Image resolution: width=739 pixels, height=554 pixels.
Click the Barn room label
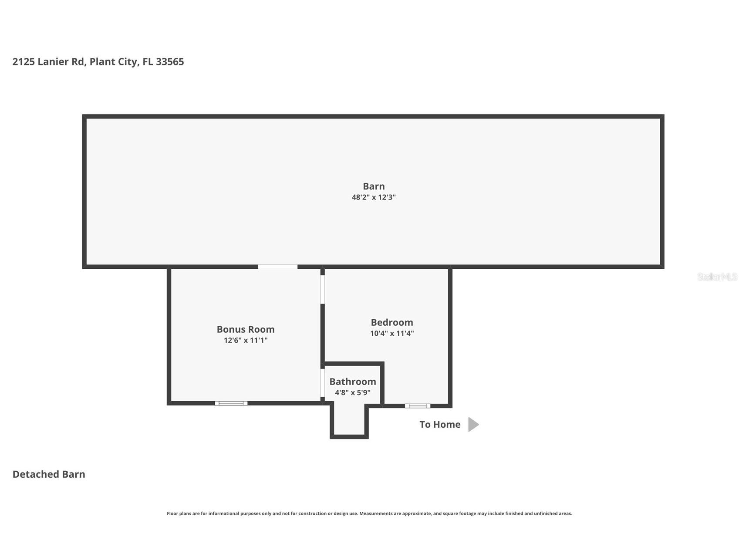[x=374, y=186]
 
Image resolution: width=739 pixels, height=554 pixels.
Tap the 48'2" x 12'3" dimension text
[x=374, y=197]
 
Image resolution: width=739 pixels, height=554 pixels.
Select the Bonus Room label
[x=246, y=329]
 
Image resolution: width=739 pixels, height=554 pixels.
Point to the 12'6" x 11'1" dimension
[x=246, y=341]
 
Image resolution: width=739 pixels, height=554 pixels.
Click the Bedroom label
[x=392, y=322]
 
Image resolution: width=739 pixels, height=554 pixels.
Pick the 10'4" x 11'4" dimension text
[x=392, y=334]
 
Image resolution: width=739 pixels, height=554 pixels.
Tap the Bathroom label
[x=353, y=382]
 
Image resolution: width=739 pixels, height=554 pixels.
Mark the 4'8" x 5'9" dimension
[x=353, y=393]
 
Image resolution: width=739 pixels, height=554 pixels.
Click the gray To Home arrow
[x=473, y=424]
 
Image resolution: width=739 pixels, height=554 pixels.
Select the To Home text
[x=440, y=425]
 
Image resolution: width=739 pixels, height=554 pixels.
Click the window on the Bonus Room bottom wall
[x=231, y=403]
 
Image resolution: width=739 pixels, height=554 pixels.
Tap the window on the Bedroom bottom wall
[x=418, y=406]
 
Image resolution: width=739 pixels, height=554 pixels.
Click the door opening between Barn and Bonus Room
[x=277, y=267]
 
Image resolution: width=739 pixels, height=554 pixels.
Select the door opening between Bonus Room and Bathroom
[x=323, y=384]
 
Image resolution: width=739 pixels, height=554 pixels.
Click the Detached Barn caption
[x=49, y=474]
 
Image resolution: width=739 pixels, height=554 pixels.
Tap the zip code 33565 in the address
[x=170, y=62]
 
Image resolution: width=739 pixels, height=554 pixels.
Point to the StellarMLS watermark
[x=717, y=277]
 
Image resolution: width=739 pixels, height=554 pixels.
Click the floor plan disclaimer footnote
[x=369, y=513]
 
